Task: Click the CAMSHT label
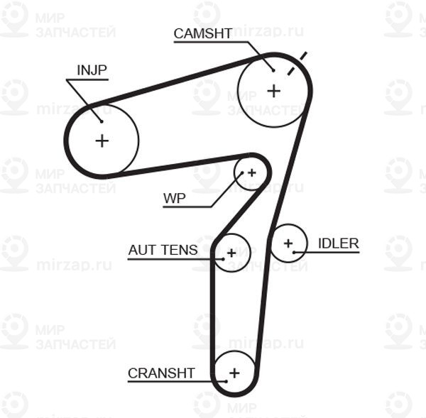202,33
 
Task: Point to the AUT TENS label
163,250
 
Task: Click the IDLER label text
338,243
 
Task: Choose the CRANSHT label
161,373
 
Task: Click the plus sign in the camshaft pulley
274,91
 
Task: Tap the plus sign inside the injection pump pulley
102,141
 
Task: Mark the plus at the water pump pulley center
251,172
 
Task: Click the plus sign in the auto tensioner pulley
231,253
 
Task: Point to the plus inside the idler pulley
288,243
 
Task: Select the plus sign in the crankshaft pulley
234,372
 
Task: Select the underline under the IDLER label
334,253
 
